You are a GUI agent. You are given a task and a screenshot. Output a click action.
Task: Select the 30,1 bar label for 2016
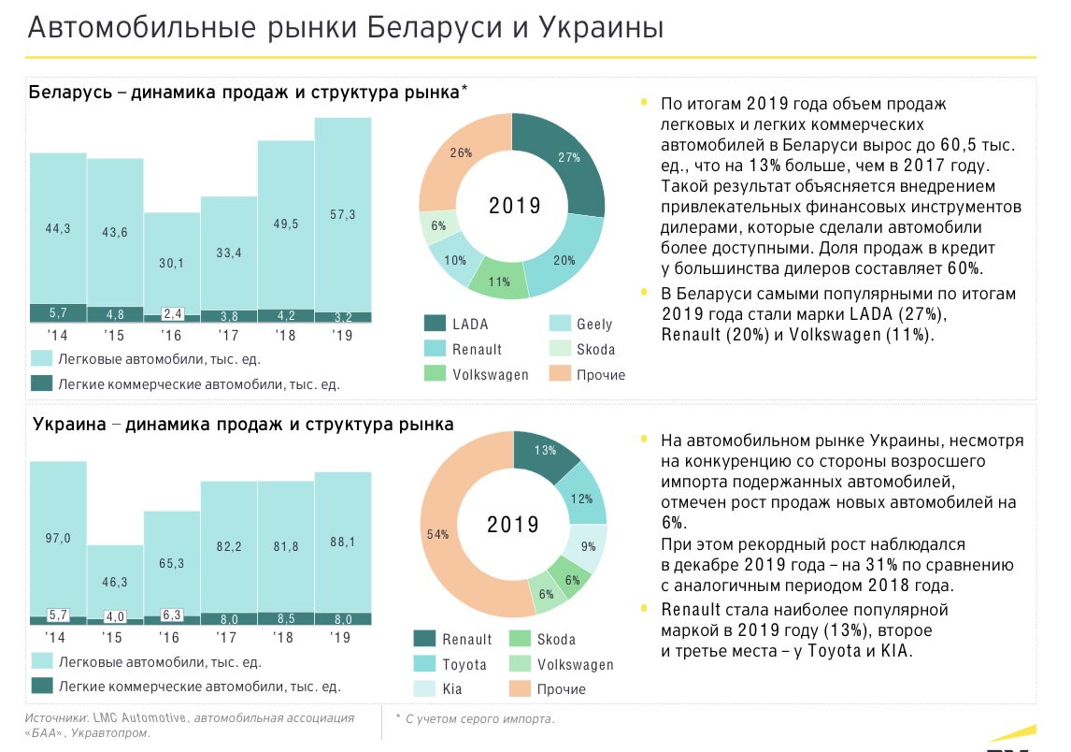pos(171,263)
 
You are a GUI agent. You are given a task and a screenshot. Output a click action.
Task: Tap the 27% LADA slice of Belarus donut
pos(569,158)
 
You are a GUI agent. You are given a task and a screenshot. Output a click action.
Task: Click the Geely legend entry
pos(594,324)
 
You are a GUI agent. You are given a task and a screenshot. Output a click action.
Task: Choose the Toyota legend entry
pos(464,664)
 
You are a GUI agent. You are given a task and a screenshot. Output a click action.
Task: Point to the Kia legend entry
pos(453,689)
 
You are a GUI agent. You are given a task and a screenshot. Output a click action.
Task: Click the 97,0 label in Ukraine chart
pos(58,538)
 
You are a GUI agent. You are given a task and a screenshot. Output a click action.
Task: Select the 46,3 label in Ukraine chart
pos(115,582)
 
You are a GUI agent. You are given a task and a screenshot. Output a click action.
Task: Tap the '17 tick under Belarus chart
pos(228,335)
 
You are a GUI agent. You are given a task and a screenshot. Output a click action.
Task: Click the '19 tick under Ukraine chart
pos(342,639)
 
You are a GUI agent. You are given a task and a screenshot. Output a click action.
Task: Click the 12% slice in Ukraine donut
pos(582,499)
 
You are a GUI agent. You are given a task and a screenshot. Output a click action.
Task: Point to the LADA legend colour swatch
pos(434,324)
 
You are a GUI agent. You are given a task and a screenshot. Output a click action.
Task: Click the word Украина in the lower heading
pos(62,424)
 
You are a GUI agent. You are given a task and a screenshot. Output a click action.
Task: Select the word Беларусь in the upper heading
pos(68,92)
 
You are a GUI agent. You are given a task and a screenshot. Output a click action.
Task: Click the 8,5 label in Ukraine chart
pos(285,618)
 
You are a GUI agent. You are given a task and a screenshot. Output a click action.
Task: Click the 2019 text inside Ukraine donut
pos(513,526)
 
